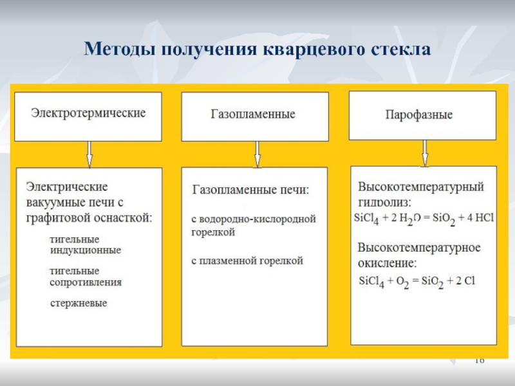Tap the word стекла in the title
398,49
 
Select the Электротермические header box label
89,113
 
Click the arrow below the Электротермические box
89,154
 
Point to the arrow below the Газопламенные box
257,154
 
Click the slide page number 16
479,361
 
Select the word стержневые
79,302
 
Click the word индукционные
86,250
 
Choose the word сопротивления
86,282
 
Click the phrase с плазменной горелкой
247,261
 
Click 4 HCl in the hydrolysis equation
479,218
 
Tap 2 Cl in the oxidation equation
462,281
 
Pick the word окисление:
388,264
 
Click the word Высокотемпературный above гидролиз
420,187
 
